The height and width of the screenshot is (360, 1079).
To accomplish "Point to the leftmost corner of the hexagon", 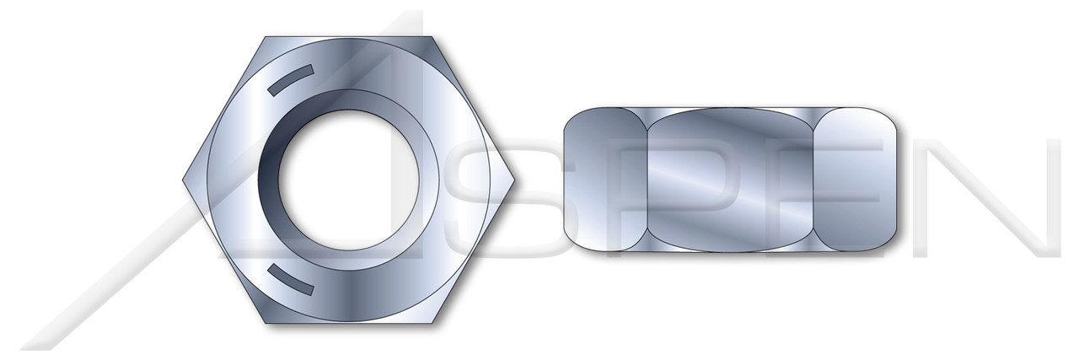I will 183,180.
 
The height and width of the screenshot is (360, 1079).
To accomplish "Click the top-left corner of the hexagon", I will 266,36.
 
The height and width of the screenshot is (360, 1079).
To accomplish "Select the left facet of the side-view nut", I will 603,180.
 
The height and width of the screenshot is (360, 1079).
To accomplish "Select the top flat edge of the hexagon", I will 349,36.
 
